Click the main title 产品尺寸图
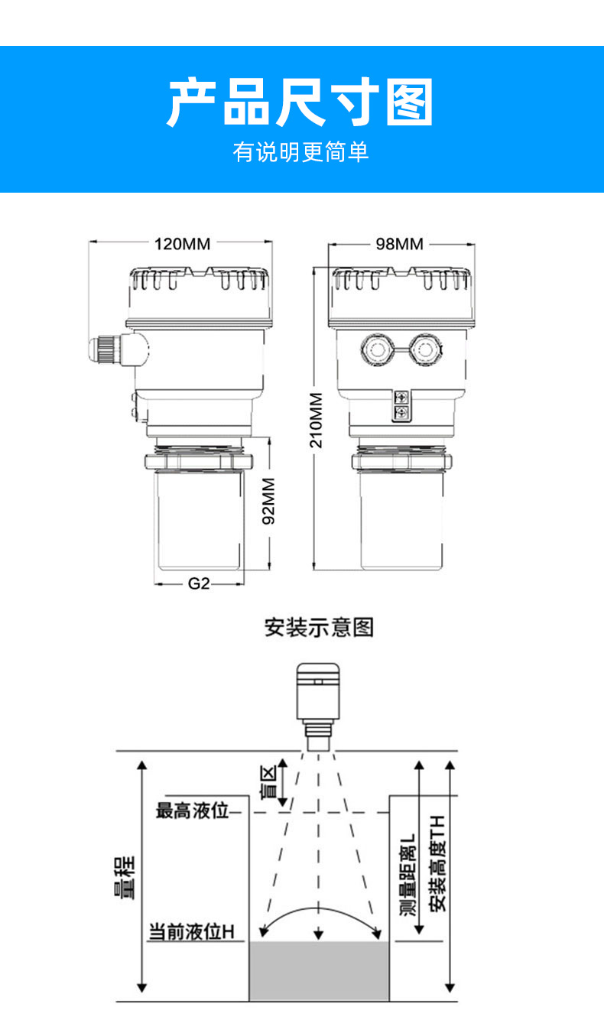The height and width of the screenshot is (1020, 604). click(300, 102)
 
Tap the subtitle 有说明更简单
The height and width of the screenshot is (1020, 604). click(300, 152)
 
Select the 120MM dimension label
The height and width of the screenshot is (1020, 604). click(182, 244)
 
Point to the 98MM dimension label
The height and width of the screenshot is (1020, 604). click(400, 244)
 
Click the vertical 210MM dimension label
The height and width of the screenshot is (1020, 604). click(317, 421)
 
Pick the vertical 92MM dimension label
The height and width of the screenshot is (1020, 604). click(269, 501)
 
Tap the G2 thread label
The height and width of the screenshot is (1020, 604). click(199, 583)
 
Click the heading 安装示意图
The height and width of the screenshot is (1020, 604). click(319, 628)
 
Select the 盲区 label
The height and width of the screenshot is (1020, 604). click(268, 782)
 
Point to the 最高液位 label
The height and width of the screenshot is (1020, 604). click(192, 810)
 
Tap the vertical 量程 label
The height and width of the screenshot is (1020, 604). click(125, 878)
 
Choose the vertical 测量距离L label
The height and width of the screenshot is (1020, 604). click(408, 875)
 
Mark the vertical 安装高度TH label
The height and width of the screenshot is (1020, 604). click(437, 863)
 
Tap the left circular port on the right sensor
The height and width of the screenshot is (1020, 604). click(377, 349)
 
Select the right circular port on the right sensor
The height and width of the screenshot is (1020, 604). click(425, 349)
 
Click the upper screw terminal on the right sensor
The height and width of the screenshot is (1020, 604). click(401, 397)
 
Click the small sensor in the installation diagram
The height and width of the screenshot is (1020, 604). click(318, 707)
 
